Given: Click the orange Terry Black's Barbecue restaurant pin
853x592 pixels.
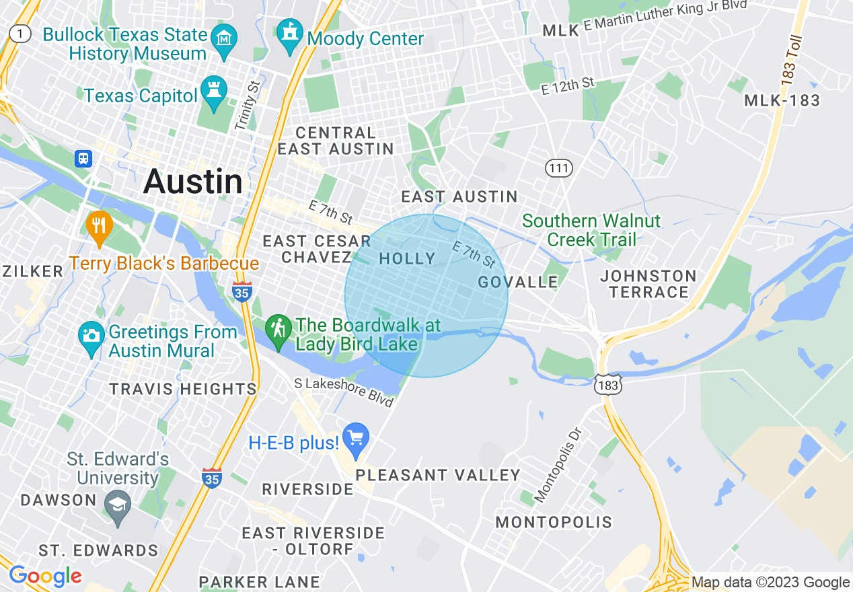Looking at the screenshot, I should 99,228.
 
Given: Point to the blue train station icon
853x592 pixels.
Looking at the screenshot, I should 83,158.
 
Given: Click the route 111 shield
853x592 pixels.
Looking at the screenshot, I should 559,168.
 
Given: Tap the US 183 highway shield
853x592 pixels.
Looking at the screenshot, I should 608,385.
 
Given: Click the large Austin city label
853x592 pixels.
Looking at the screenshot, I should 193,182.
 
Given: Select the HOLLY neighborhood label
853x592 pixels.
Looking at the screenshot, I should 408,258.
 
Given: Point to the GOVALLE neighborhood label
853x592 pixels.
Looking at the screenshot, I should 518,281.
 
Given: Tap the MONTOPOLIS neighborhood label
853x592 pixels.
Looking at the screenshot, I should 554,522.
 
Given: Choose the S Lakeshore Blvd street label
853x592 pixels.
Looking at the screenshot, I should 344,392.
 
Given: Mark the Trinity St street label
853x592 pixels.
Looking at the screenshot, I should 247,105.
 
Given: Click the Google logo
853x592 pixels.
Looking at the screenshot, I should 45,576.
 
